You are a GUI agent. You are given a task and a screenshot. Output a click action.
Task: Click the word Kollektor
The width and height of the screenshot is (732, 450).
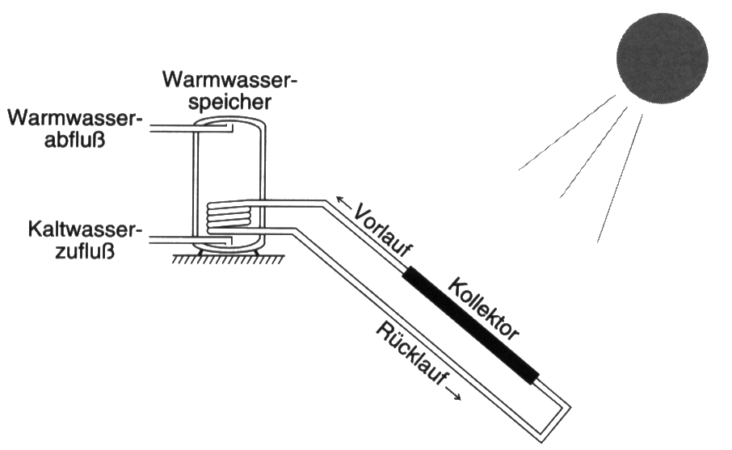pyautogui.click(x=483, y=308)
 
